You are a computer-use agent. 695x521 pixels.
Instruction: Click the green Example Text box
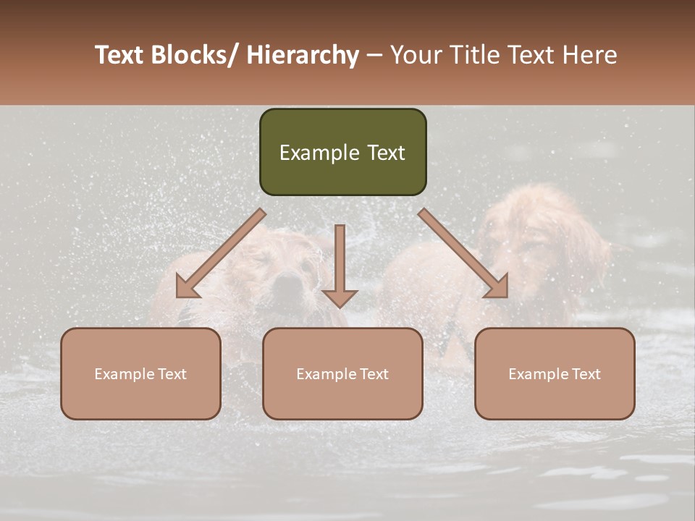pos(342,152)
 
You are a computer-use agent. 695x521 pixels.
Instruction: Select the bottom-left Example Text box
pos(140,373)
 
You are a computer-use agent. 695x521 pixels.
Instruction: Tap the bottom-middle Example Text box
pos(342,373)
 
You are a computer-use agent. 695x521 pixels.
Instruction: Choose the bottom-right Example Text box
pos(555,373)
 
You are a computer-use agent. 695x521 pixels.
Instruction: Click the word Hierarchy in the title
pos(303,55)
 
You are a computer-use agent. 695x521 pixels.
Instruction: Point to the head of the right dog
pos(536,232)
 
